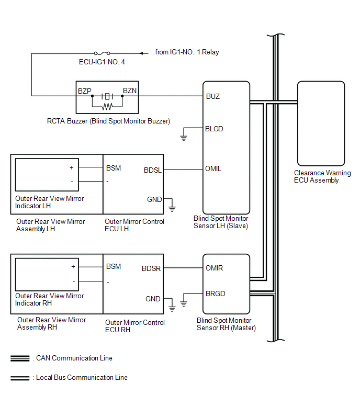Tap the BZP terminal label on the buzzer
pos(85,91)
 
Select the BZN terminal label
pos(129,91)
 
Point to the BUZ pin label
pos(213,96)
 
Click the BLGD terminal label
pos(215,129)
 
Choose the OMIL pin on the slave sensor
pos(214,169)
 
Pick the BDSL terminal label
pos(153,170)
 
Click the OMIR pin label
pos(215,268)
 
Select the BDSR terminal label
pos(151,269)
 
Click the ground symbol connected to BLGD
pos(183,138)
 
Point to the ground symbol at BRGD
pos(183,303)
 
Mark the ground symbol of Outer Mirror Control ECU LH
pos(172,209)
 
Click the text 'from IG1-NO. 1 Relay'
pos(187,52)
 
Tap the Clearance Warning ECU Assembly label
pos(322,177)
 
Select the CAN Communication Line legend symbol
pos(20,358)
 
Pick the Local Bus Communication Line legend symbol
pos(20,377)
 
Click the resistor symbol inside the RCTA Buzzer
pos(107,107)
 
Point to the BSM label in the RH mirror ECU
pos(114,266)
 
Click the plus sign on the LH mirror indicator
pos(71,167)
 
